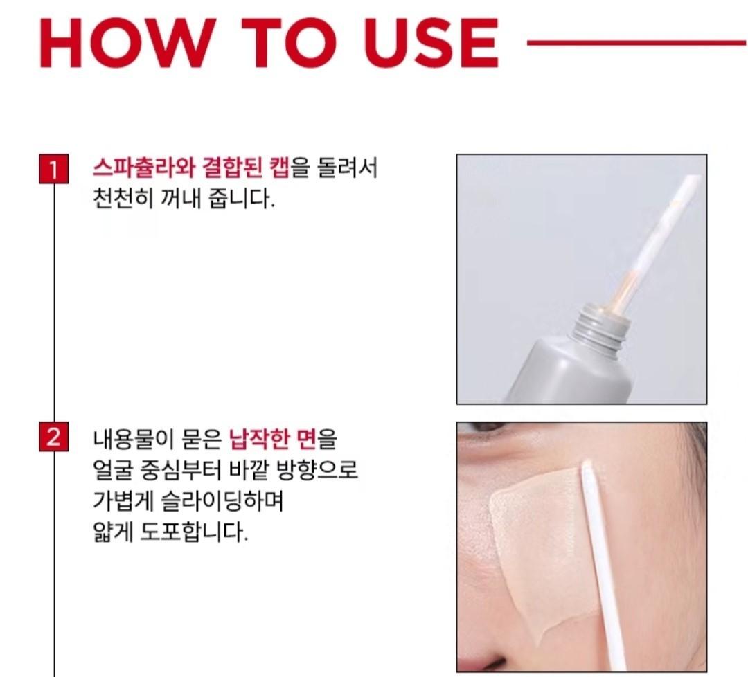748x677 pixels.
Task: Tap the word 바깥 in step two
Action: coord(266,470)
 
